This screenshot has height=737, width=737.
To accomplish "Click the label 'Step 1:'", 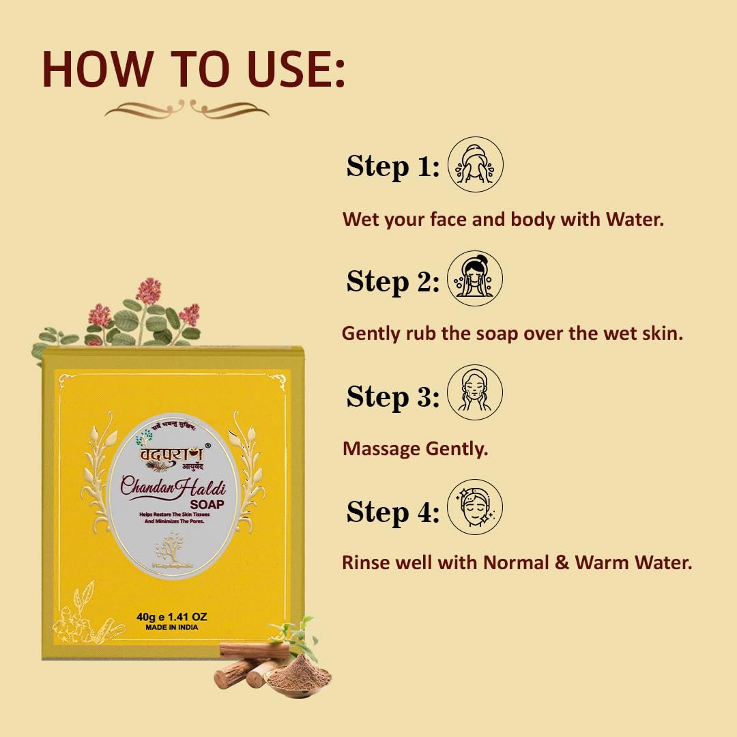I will pos(393,167).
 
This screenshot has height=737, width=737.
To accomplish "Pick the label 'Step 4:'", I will pos(393,512).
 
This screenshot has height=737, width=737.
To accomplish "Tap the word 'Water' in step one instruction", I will pos(634,220).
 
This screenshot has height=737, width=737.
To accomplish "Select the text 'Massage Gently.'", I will pos(415,448).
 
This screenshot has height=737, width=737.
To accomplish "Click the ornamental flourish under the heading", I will pos(187,109).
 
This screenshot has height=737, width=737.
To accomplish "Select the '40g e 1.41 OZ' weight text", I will pos(171,617).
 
